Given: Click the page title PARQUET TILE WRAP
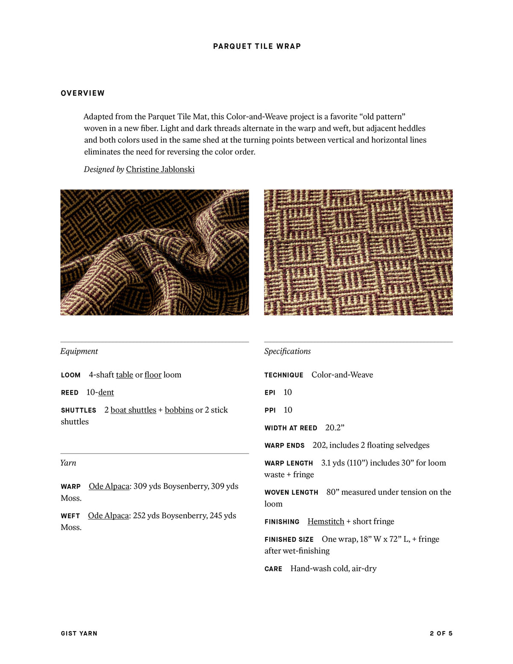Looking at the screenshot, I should pos(257,46).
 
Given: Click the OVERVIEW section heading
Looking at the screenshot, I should pos(83,93).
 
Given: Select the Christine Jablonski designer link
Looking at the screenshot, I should pos(160,169).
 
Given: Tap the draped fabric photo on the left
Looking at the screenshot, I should pos(154,252).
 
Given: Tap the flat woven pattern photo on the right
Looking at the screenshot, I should pos(358,252).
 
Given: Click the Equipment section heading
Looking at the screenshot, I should pos(79,351).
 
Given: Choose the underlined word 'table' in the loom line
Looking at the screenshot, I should pos(124,375).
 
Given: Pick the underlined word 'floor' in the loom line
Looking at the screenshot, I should pos(153,375).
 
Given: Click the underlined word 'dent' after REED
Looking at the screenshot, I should pos(106,392).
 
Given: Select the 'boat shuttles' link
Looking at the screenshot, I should pos(133,410).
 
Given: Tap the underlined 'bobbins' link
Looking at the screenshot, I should pos(179,410).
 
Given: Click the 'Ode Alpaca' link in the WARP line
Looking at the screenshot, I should pos(109,487).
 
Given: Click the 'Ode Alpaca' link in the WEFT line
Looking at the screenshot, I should pos(108,516).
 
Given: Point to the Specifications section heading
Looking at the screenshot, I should pos(287,351).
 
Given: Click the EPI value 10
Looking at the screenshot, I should pos(288,392).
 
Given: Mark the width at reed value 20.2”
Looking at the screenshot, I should pos(335,428).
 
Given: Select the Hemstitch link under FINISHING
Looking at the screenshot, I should pos(326,522).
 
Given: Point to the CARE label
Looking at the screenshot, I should pos(273,569).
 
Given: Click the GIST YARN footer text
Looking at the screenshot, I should pos(79,633).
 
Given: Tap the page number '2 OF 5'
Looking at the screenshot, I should pos(441,633).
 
